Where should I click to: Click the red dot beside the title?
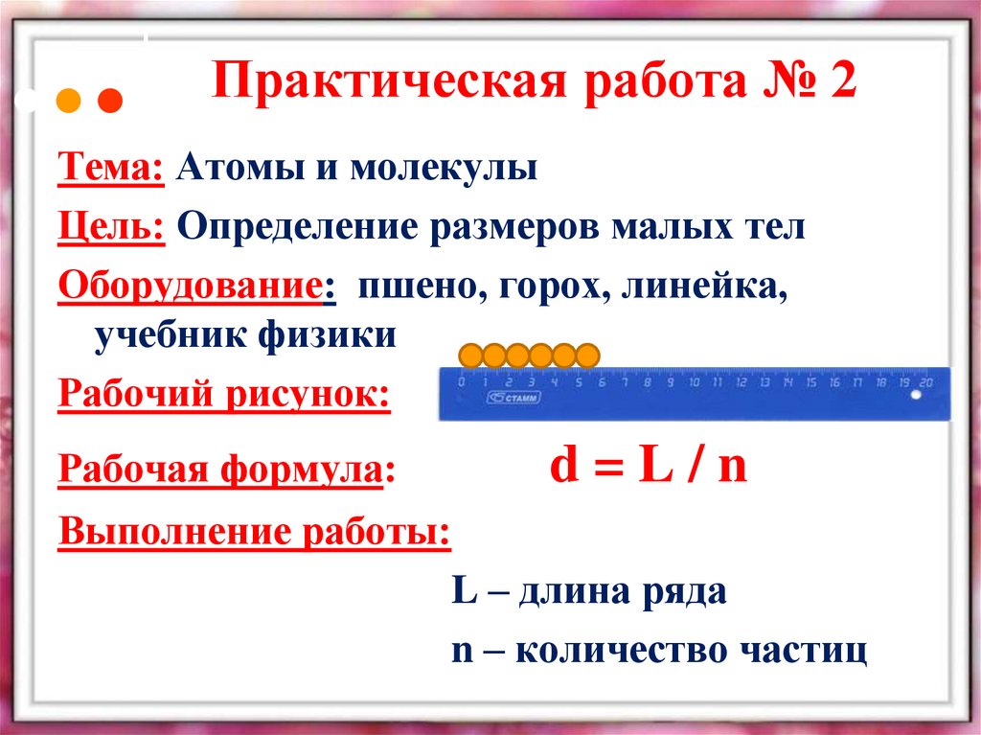pyautogui.click(x=111, y=100)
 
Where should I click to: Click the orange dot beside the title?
pyautogui.click(x=68, y=100)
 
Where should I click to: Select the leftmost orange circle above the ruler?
pyautogui.click(x=470, y=356)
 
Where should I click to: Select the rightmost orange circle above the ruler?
pyautogui.click(x=587, y=356)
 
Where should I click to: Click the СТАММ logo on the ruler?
pyautogui.click(x=513, y=399)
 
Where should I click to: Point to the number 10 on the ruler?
pyautogui.click(x=694, y=382)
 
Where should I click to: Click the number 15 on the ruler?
pyautogui.click(x=810, y=382)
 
